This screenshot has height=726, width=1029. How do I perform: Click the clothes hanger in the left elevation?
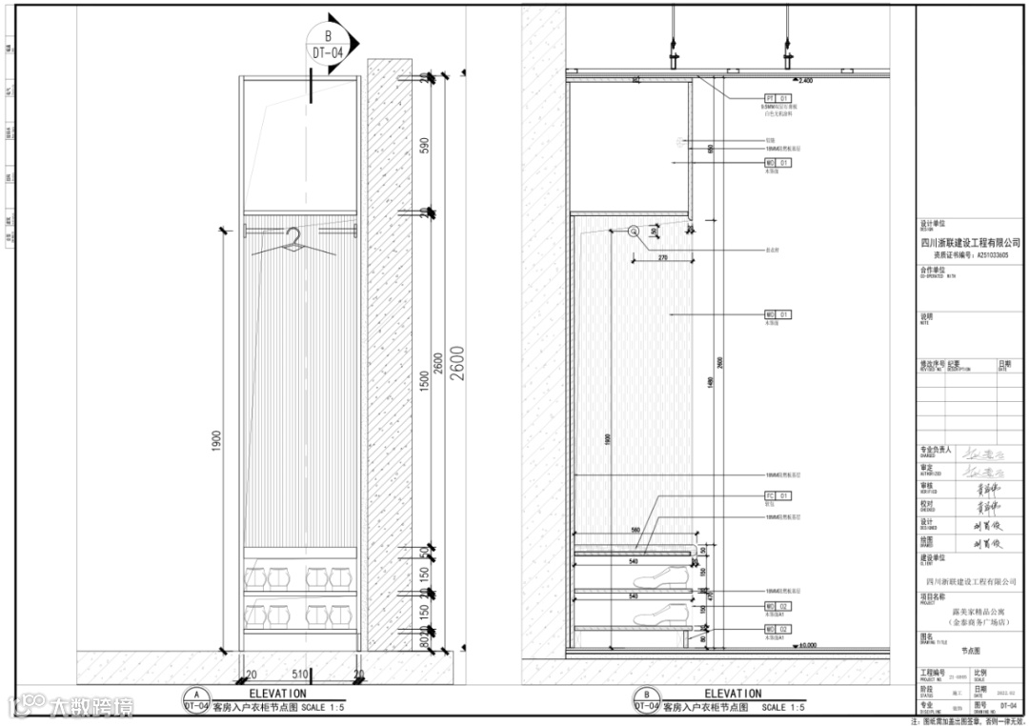(x=296, y=244)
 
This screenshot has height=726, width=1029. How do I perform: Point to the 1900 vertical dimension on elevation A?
(x=218, y=439)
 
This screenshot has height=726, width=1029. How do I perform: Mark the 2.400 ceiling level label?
(x=805, y=81)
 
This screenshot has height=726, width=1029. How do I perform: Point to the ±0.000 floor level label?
(x=808, y=645)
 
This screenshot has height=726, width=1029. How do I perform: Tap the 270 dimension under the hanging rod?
(x=662, y=257)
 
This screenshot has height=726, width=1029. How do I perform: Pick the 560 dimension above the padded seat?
(x=635, y=531)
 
